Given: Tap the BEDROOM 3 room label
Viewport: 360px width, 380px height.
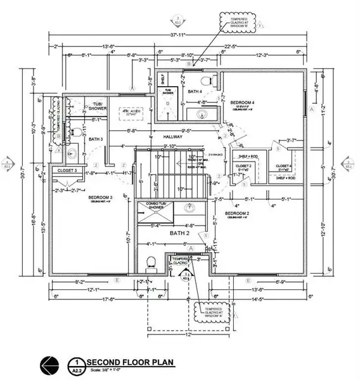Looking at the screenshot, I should (96, 198).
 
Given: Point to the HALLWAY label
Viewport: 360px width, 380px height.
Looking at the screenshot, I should (172, 136).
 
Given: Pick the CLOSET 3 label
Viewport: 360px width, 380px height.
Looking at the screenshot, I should (68, 170).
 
